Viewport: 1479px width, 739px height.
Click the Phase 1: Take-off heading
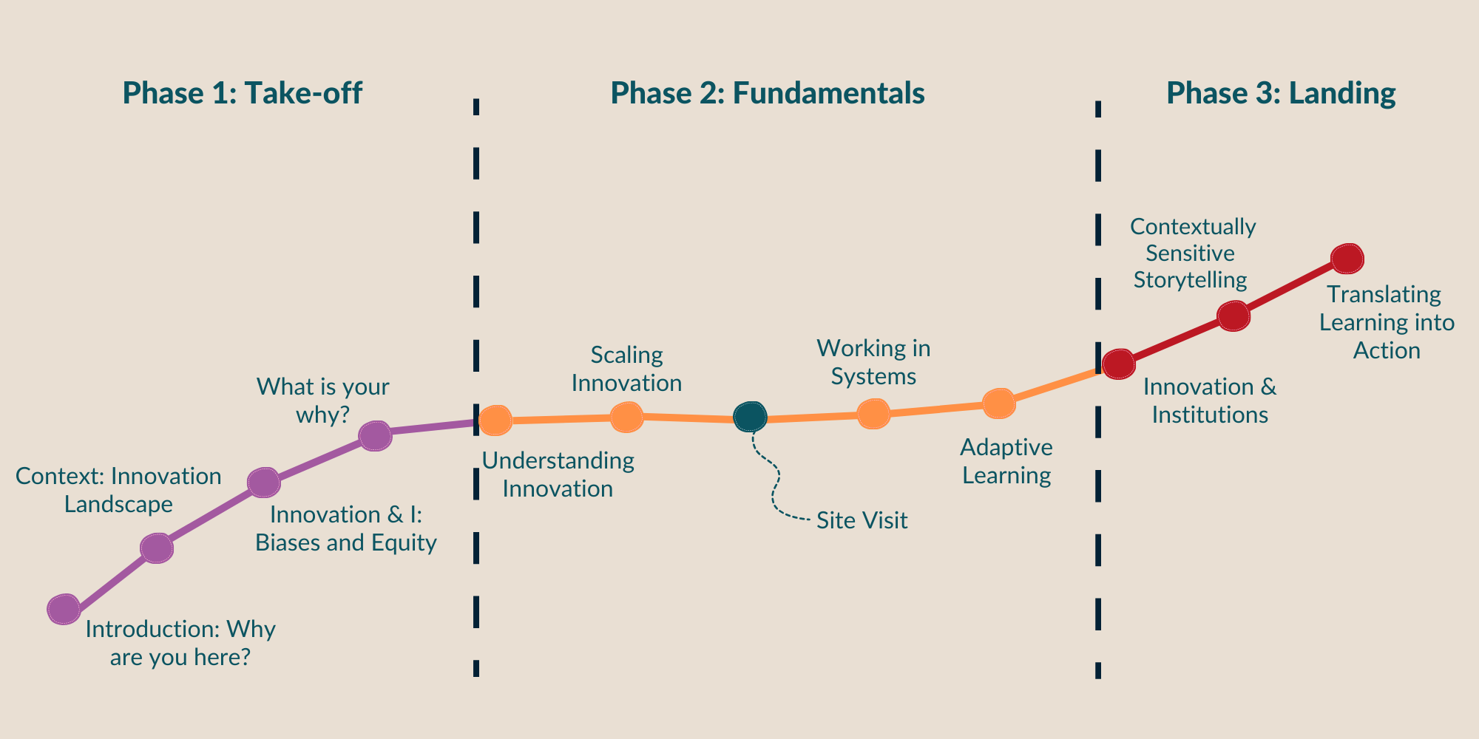242,94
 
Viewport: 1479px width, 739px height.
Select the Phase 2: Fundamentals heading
767,94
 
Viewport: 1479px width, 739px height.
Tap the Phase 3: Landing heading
1280,94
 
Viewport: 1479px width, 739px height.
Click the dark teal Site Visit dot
751,417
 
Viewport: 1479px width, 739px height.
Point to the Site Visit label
862,520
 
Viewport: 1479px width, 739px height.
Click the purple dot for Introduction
64,609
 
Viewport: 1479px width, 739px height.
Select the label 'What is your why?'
322,401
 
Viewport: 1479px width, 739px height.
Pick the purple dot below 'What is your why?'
375,435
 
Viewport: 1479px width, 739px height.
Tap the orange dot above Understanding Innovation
495,420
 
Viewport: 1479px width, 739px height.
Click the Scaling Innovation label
626,369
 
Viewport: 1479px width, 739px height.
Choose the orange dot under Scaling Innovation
626,417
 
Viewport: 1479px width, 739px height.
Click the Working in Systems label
873,362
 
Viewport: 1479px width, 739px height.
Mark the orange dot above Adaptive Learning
998,403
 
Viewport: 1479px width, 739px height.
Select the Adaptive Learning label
1006,461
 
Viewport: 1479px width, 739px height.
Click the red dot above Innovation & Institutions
1118,364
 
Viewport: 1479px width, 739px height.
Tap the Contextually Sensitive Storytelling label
1192,253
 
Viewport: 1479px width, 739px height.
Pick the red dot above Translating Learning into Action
1347,258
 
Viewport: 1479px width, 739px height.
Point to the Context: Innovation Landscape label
118,490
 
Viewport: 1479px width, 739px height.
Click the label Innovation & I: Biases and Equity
346,528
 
